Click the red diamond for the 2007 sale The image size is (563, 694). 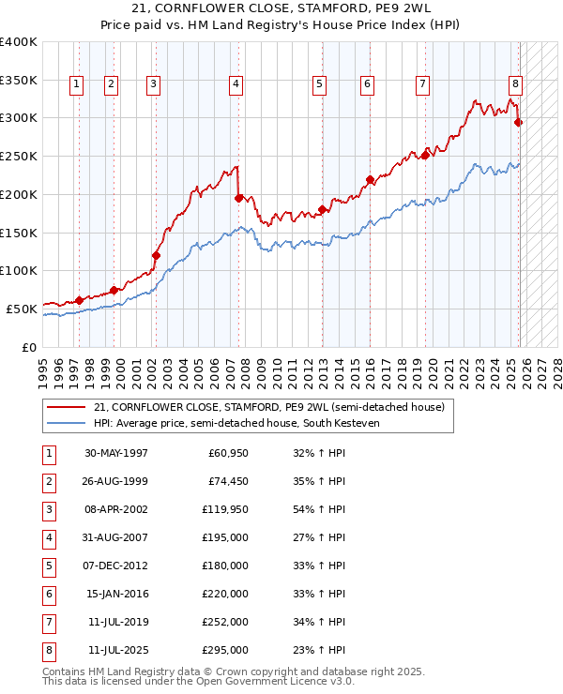tap(238, 198)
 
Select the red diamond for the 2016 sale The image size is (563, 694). tap(370, 179)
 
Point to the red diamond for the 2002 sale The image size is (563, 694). tap(156, 255)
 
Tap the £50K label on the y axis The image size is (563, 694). tap(22, 308)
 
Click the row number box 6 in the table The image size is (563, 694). tap(48, 594)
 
